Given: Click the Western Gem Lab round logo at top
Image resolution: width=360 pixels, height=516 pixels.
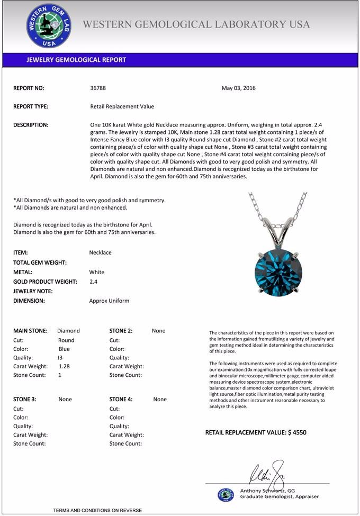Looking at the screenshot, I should pos(49,25).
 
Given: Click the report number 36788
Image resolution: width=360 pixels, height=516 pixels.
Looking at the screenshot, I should pos(98,88).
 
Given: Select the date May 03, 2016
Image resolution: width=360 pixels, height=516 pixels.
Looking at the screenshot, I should pos(238,88).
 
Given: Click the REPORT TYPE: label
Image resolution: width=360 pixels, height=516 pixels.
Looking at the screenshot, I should pos(31,106).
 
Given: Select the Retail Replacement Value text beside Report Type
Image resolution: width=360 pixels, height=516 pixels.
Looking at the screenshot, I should pos(122,106).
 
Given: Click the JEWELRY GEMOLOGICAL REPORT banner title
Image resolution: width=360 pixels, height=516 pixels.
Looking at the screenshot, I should pos(76,60).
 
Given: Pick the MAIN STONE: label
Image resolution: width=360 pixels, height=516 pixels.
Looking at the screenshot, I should pos(30,331).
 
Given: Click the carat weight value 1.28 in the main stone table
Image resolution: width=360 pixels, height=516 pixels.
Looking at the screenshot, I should pos(65,366).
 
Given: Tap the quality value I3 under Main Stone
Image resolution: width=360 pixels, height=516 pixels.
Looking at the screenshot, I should pos(60,358).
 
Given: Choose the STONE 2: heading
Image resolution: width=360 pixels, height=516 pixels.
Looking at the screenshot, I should pos(121,331).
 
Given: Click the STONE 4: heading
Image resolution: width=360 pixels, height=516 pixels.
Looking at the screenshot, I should pos(121,400).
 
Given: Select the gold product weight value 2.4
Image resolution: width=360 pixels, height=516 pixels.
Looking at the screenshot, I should pos(93,282).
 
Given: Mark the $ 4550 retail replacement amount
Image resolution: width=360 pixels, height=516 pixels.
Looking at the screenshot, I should pos(297,432).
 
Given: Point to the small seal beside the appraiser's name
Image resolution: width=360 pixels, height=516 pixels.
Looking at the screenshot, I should pos(226,494).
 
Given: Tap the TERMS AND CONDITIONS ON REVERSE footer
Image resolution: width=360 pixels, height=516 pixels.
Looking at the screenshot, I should pos(97,510).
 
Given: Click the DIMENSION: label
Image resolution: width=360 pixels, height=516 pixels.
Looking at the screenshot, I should pos(29,301).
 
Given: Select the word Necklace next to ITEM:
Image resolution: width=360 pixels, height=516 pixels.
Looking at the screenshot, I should pos(101,252).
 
